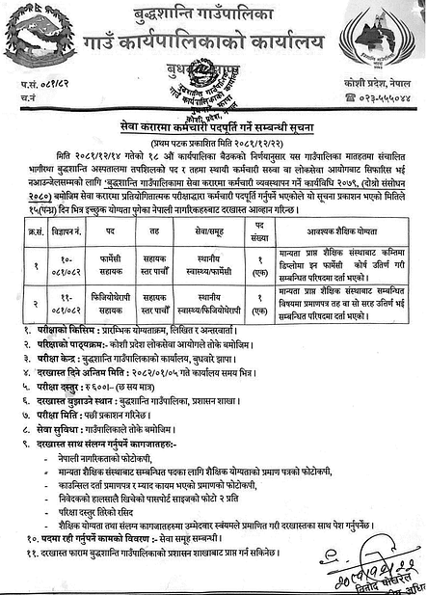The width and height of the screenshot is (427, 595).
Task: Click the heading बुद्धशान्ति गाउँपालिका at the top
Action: coord(214,14)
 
